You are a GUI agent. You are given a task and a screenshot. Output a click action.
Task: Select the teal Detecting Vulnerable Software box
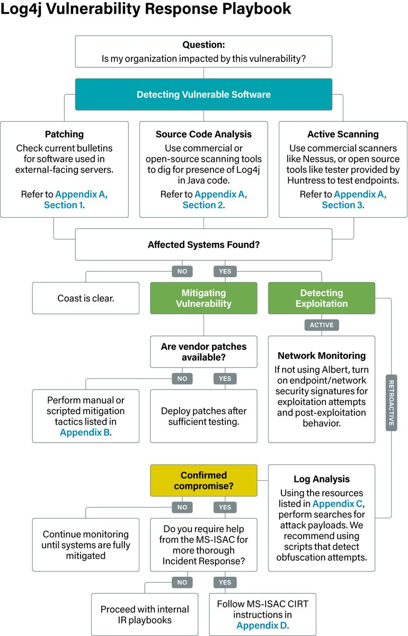[x=203, y=94]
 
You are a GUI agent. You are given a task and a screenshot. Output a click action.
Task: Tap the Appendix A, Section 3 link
[x=353, y=199]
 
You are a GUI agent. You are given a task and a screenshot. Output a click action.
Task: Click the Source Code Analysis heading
[x=203, y=134]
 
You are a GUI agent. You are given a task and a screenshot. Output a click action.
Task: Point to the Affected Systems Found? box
[x=203, y=245]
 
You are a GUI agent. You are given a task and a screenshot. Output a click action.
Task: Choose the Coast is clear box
[x=86, y=298]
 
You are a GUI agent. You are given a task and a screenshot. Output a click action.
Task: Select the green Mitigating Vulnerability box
[x=203, y=298]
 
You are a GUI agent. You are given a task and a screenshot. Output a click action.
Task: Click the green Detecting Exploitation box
[x=321, y=298]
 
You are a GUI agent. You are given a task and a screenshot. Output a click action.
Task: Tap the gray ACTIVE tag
[x=321, y=325]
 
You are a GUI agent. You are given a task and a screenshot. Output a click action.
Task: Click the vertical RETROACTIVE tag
[x=391, y=403]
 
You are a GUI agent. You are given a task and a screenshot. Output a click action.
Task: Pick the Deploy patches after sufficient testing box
[x=203, y=416]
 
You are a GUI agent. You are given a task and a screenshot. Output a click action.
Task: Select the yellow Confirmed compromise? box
[x=203, y=480]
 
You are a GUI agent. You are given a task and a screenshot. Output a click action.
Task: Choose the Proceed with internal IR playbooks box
[x=145, y=614]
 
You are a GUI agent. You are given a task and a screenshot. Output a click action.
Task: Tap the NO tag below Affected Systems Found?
[x=182, y=271]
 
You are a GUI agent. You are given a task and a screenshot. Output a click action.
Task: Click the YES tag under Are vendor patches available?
[x=225, y=378]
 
